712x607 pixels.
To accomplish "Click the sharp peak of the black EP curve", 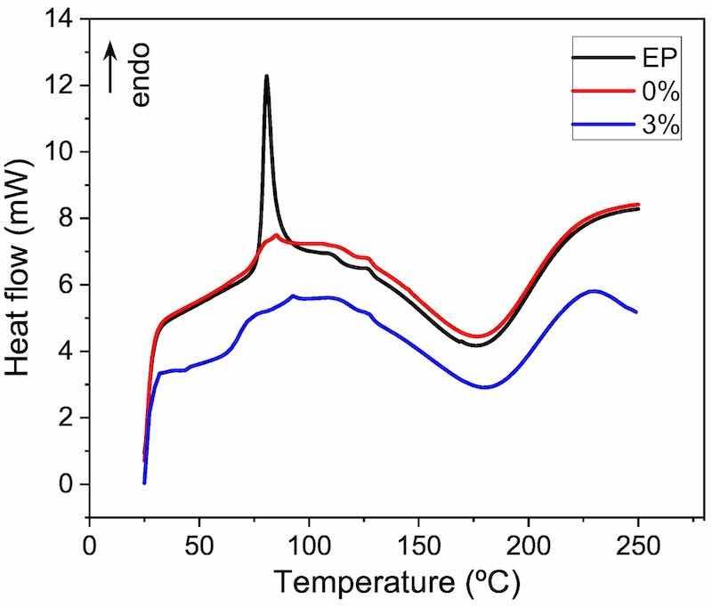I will click(x=266, y=77).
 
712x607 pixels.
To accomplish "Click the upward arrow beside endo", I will click(x=111, y=66).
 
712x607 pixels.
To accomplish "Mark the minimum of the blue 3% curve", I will click(x=484, y=387).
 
